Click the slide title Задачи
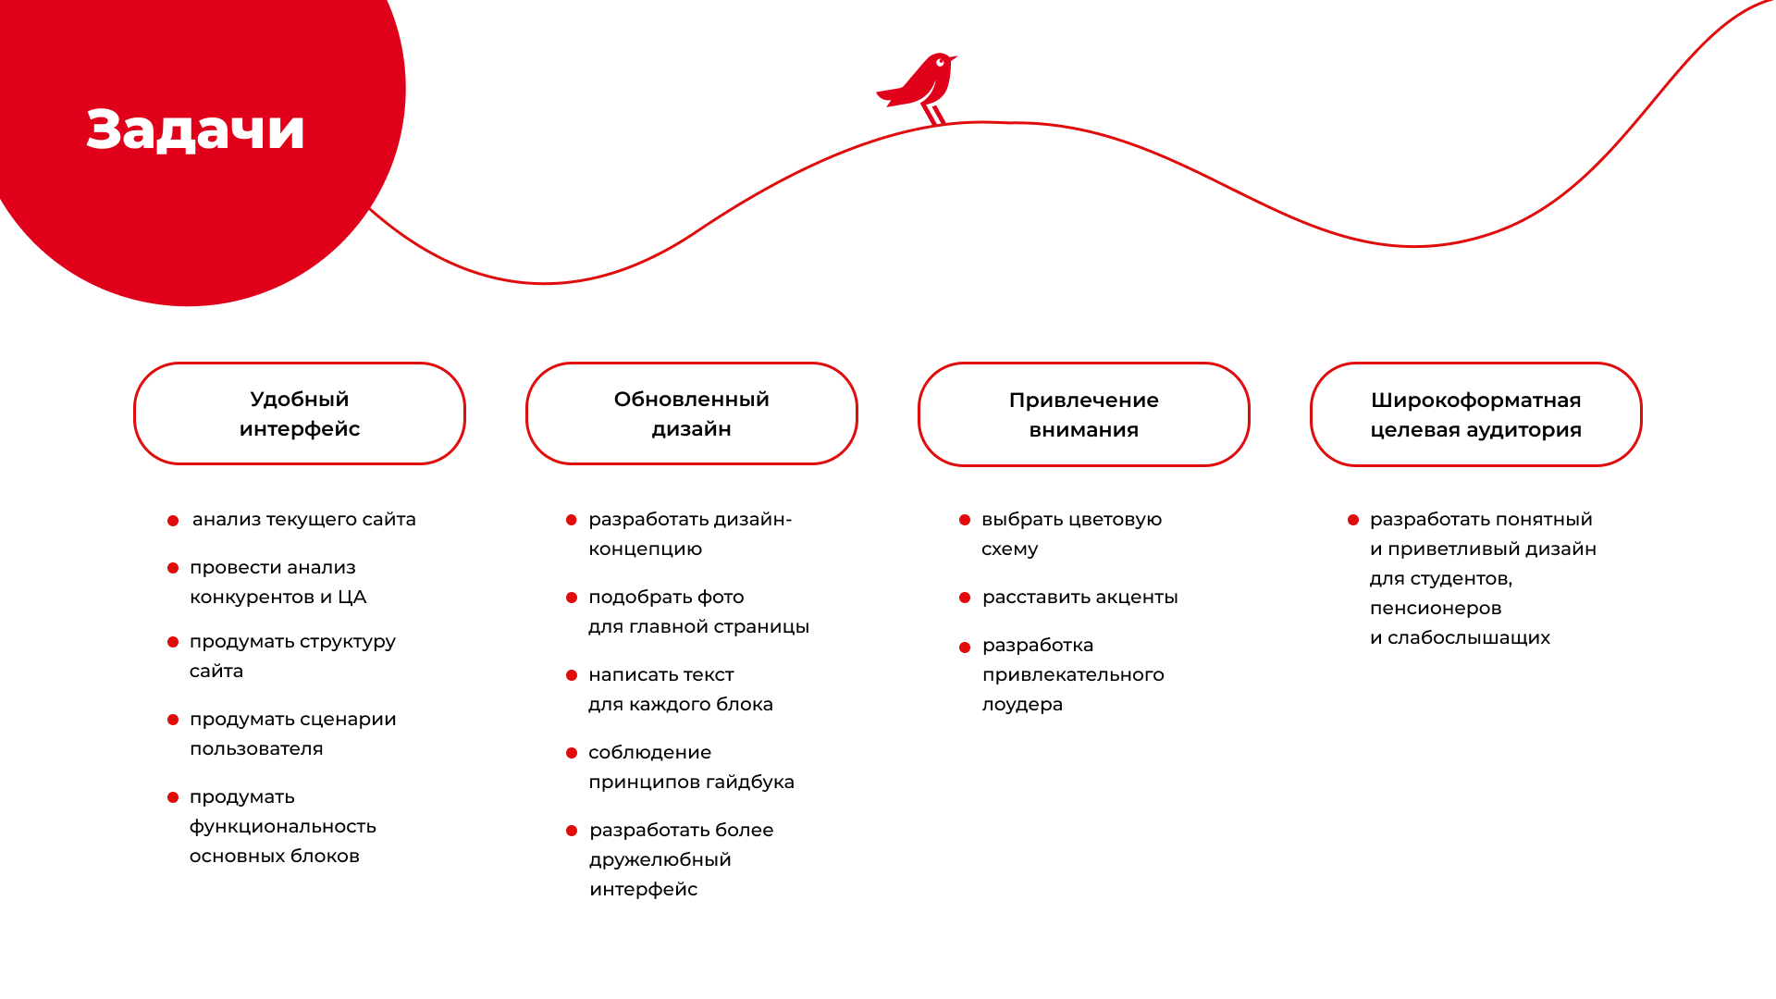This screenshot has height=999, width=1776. (x=195, y=129)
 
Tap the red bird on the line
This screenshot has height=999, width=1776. (x=918, y=87)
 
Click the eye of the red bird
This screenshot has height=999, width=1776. (x=940, y=62)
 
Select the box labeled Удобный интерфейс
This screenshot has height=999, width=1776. (x=300, y=413)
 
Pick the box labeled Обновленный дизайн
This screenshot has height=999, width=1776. (x=692, y=413)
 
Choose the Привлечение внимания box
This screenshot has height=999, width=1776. (x=1084, y=414)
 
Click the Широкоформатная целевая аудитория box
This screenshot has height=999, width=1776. (x=1476, y=414)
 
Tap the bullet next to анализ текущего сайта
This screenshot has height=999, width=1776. (x=173, y=521)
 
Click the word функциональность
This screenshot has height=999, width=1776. (x=283, y=828)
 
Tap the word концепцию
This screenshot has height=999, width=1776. (x=646, y=550)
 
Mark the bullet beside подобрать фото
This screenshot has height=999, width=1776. (x=572, y=598)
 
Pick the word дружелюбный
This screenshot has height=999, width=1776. (x=660, y=860)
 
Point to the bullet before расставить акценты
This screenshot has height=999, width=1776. (x=965, y=598)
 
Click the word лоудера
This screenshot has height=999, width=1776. (x=1022, y=706)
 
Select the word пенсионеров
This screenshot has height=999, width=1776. (x=1436, y=609)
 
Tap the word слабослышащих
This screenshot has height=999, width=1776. (x=1469, y=638)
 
